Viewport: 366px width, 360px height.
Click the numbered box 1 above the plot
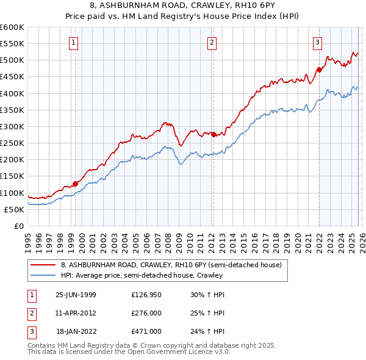coord(73,43)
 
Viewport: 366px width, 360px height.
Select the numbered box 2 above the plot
coord(211,43)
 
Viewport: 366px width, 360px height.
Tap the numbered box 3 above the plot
coord(318,43)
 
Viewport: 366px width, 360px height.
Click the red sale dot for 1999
coord(76,183)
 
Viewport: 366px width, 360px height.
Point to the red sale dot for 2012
coord(213,134)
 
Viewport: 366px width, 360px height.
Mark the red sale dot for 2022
coord(319,70)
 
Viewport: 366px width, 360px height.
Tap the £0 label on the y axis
coord(18,226)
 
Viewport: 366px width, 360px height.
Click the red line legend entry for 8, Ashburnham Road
coord(171,265)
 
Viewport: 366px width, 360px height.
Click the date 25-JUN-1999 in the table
coord(76,295)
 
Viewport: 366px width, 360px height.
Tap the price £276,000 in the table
coord(146,313)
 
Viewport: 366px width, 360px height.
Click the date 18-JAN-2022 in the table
coord(76,331)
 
